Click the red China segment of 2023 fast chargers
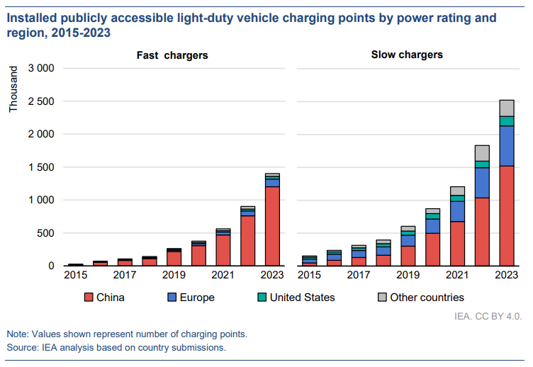click(x=272, y=226)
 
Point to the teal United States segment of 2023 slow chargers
click(x=507, y=121)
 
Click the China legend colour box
click(x=89, y=297)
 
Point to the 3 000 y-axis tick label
click(x=40, y=69)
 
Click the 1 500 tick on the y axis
click(x=40, y=167)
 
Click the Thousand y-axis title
click(x=14, y=90)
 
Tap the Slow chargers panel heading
click(x=407, y=55)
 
